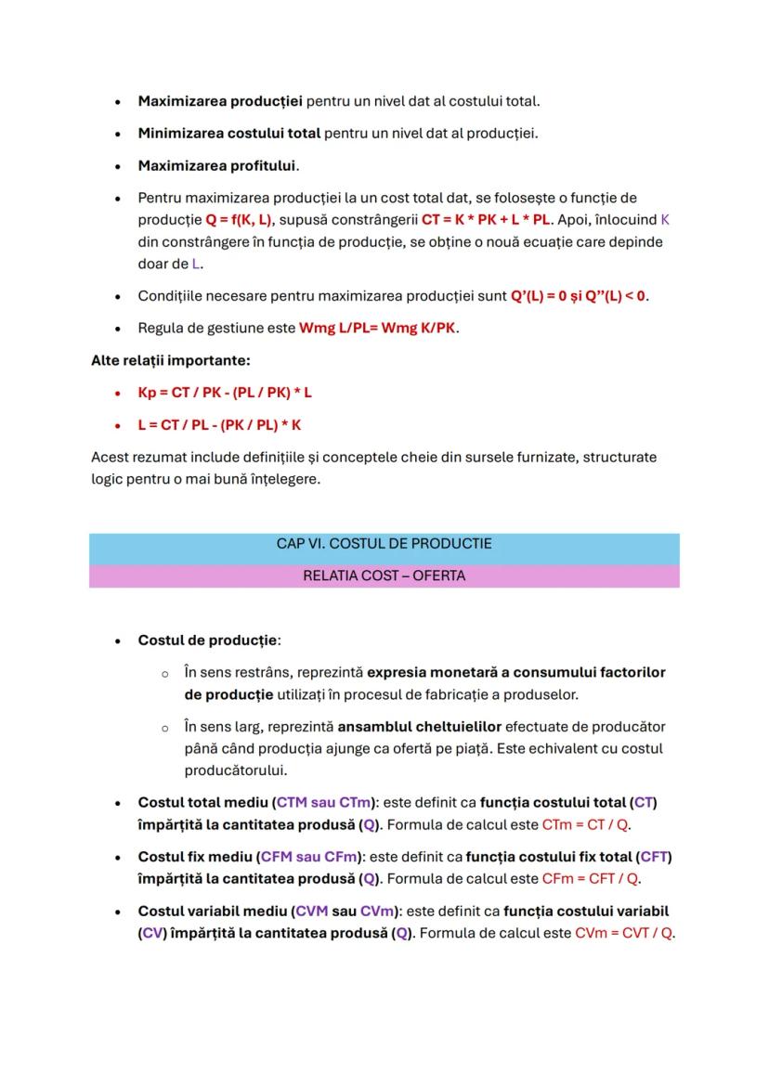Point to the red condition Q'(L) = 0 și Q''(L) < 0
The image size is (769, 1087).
coord(579,297)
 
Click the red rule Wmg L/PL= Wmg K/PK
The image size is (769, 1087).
coord(378,329)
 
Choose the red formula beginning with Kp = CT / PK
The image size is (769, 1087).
coord(225,393)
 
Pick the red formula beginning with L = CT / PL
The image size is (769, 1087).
coord(220,425)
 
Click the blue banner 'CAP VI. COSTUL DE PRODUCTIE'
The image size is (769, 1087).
coord(384,543)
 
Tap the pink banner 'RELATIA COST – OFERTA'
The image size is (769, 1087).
coord(384,576)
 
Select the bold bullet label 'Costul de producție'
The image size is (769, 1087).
coord(208,641)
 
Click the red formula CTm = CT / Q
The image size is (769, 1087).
coord(584,824)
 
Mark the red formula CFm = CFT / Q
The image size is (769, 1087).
coord(591,878)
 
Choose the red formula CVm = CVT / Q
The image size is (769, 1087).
coord(623,932)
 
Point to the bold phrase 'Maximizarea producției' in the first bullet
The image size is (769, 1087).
coord(220,100)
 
